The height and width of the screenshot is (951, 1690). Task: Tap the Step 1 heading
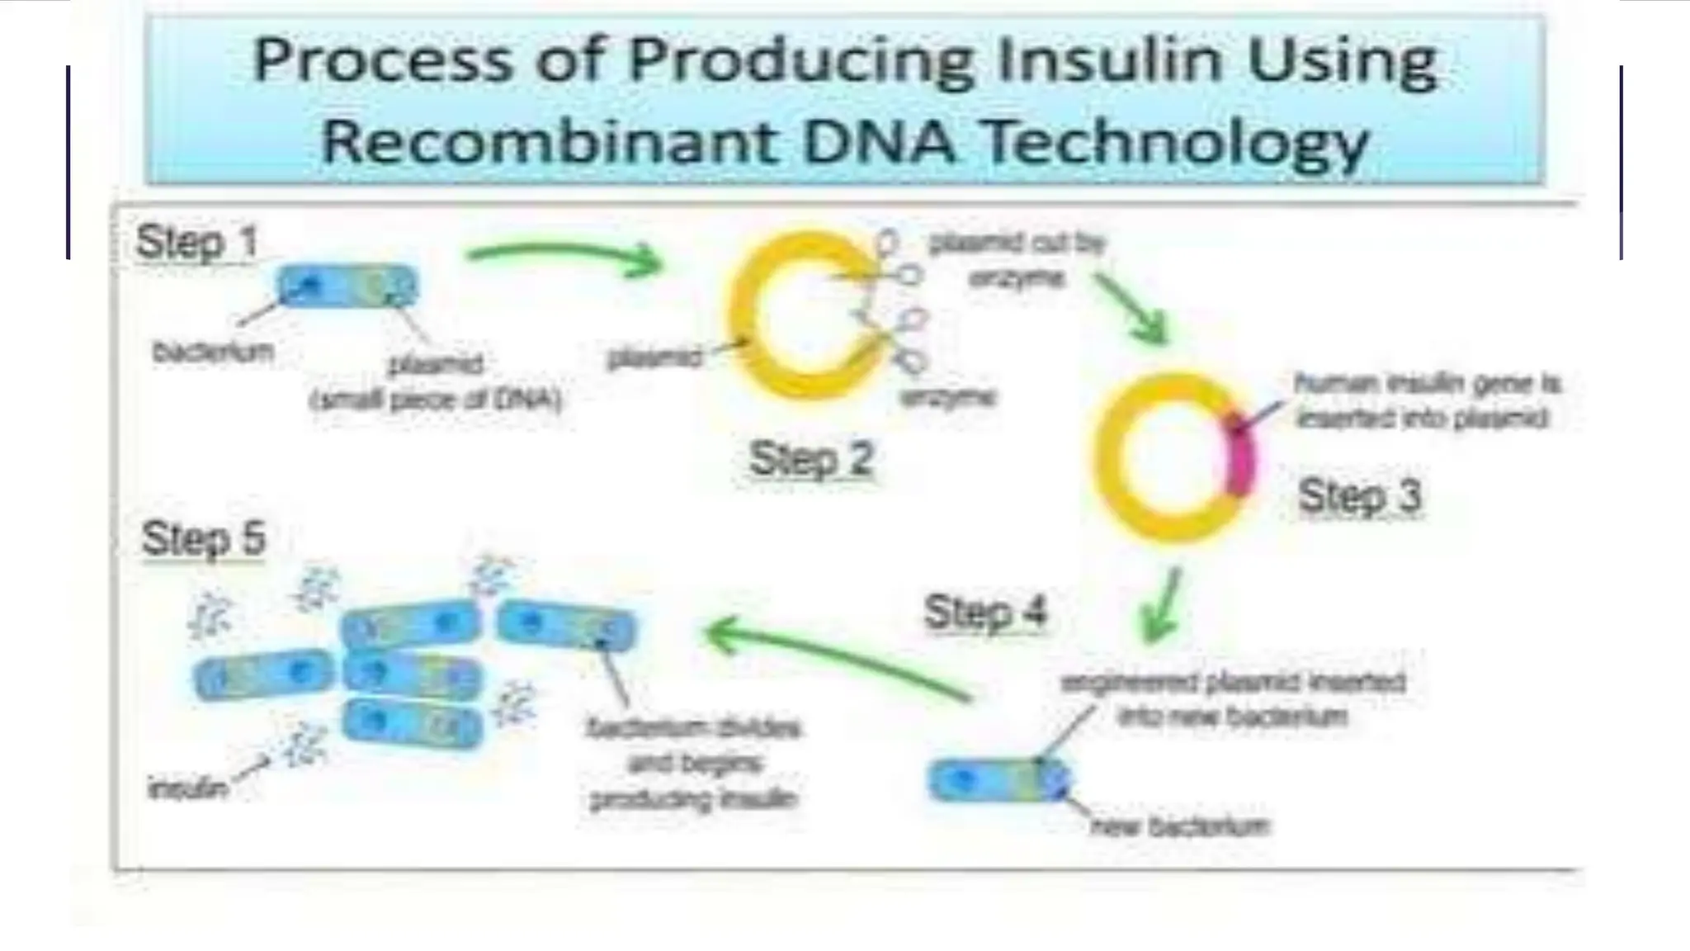196,243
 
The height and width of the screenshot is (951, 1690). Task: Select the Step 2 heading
810,458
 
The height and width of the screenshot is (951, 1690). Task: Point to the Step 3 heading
1359,496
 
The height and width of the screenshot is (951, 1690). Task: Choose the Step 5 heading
203,539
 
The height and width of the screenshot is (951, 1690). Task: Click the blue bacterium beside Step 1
347,286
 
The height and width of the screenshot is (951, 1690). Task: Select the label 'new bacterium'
1180,826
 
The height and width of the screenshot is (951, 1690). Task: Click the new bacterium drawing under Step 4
998,780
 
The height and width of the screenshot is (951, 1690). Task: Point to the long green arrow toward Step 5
833,660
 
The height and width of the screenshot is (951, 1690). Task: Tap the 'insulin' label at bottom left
186,788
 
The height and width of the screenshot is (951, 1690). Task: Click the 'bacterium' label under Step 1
213,352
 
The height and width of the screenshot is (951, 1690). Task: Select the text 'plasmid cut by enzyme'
1017,260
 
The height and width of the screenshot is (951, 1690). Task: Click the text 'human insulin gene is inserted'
1426,401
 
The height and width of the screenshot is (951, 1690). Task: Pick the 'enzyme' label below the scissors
947,398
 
